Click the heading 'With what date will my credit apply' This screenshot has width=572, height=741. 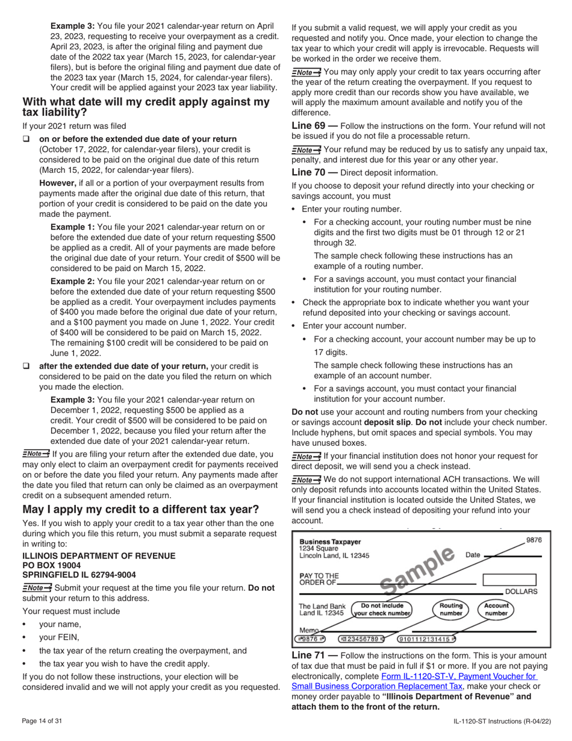146,107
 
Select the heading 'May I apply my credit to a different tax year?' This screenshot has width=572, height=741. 140,509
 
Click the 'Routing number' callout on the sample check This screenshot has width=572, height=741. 451,610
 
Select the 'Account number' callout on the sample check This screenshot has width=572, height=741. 496,610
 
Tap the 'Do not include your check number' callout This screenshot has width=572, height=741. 382,610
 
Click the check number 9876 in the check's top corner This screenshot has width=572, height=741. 533,540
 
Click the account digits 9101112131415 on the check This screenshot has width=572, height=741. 426,639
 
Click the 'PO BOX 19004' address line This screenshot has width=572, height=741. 51,565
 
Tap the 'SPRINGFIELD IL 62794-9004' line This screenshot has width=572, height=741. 79,575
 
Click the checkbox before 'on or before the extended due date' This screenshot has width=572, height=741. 26,139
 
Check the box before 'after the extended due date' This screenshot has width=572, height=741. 26,366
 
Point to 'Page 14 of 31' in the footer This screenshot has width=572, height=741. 42,721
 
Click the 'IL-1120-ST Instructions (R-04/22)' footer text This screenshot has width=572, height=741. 502,721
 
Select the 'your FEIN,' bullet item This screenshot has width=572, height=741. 59,637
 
